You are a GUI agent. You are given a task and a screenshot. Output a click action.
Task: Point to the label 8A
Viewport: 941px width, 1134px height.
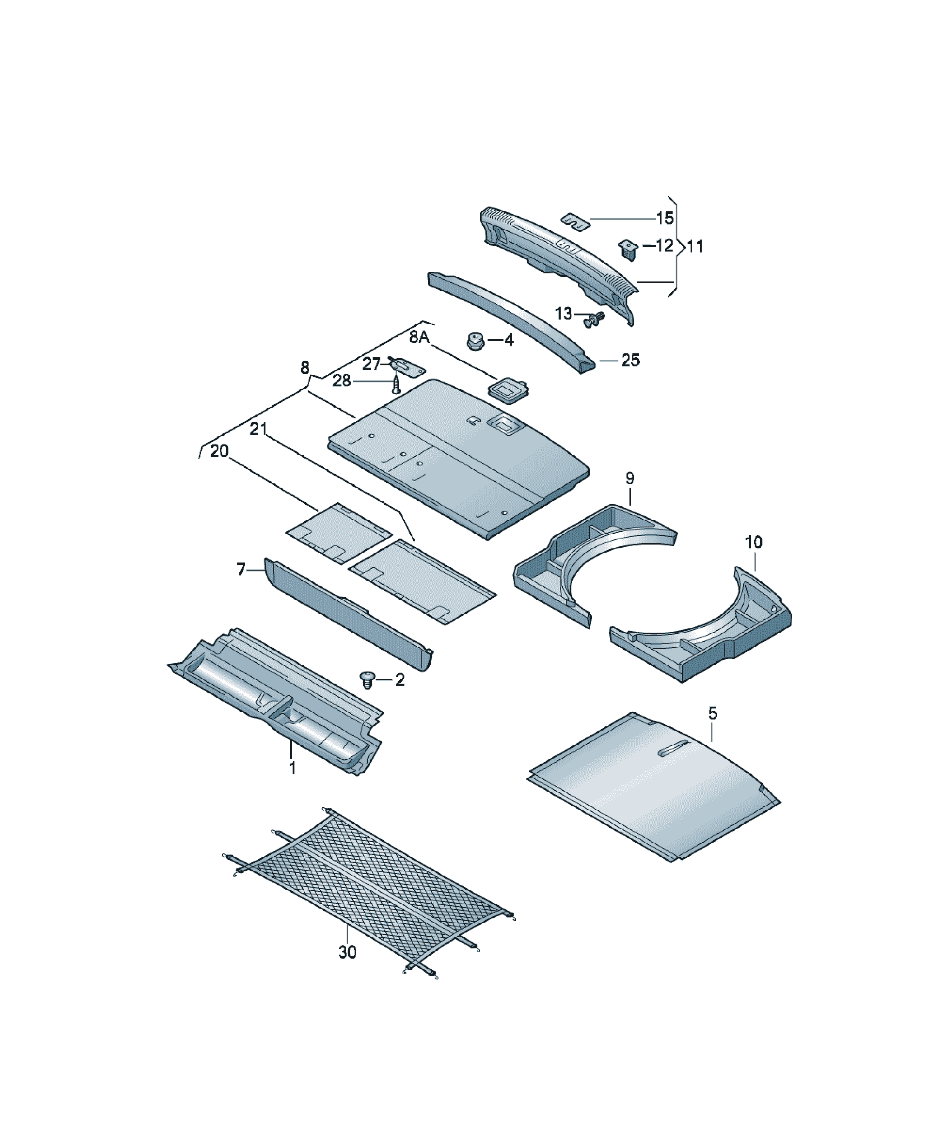point(419,337)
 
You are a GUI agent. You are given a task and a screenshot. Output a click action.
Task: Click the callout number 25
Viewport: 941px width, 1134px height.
point(630,360)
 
